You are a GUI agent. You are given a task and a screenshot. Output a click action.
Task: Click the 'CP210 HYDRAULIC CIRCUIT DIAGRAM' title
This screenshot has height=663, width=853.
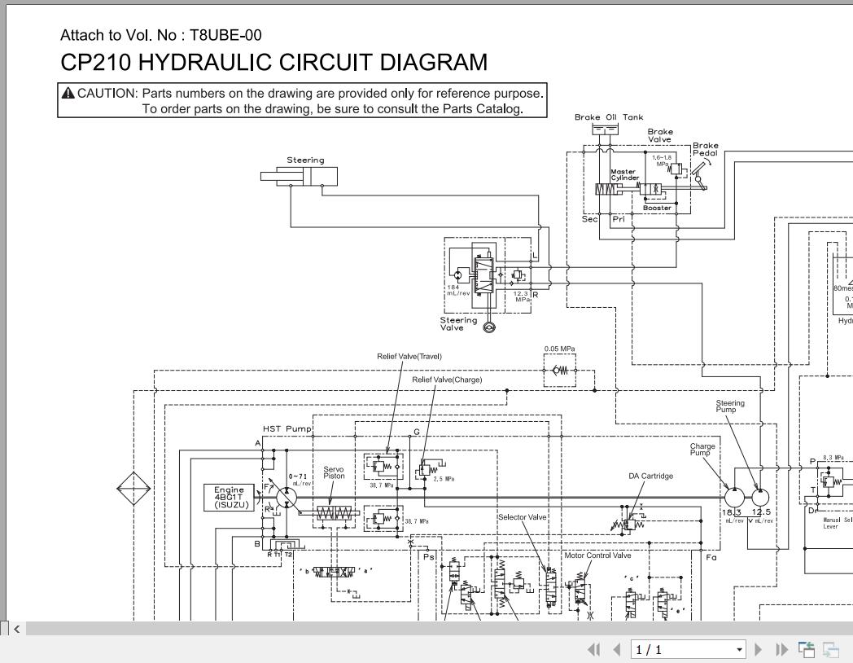click(274, 62)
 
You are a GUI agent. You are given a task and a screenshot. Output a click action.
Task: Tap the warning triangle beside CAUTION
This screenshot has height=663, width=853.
click(68, 93)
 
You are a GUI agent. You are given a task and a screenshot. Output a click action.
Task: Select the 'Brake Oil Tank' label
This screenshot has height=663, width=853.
click(608, 117)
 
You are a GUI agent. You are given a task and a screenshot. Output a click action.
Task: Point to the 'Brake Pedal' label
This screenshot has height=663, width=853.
click(705, 150)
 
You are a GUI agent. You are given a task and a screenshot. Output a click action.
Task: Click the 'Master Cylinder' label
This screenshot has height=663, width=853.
click(624, 174)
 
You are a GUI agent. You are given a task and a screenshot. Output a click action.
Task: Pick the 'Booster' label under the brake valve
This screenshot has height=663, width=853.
click(657, 208)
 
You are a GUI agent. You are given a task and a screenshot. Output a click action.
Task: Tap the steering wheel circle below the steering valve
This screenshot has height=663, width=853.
click(489, 327)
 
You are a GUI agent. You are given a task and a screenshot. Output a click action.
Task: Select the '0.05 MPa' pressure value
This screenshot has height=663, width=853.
click(560, 349)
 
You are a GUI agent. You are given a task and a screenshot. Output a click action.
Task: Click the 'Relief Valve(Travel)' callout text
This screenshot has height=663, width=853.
click(409, 356)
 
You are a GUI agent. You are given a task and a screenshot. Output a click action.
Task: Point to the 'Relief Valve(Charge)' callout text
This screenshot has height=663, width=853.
click(447, 380)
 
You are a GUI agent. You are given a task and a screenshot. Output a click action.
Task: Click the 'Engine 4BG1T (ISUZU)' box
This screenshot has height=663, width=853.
click(229, 497)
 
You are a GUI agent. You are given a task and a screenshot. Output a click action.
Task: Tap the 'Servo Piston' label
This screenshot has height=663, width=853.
click(334, 472)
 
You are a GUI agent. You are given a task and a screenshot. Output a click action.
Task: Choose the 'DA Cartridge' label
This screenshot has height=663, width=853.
click(650, 476)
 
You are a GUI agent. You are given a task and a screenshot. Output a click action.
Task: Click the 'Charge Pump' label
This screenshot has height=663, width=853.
click(702, 450)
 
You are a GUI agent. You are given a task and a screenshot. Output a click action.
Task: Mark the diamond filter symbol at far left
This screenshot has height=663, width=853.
click(133, 490)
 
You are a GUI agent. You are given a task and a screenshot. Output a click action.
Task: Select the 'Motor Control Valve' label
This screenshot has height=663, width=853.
click(597, 555)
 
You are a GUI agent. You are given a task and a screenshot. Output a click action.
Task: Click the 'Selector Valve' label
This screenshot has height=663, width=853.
click(522, 516)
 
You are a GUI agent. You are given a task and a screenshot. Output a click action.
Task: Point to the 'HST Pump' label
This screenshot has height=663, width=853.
click(287, 428)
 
